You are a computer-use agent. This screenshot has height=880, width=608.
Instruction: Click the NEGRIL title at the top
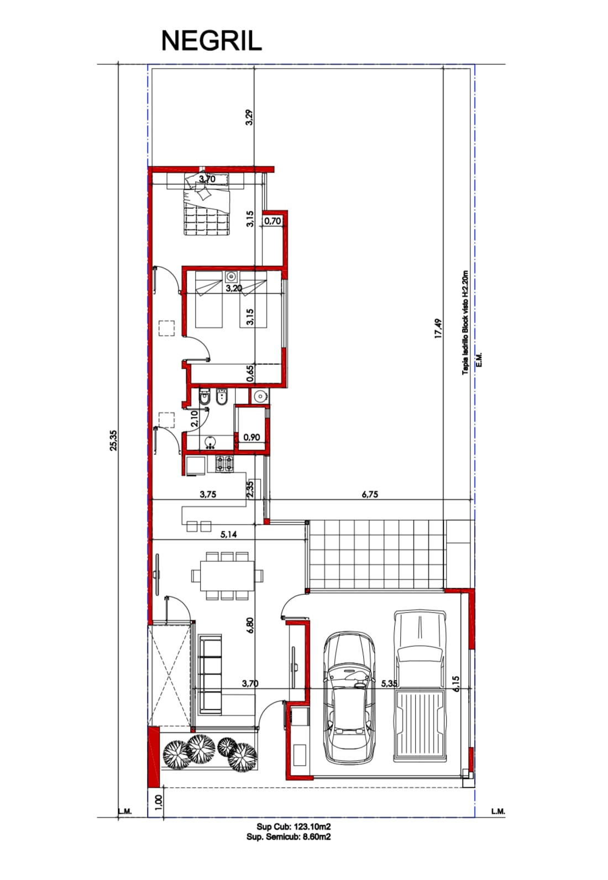tap(211, 41)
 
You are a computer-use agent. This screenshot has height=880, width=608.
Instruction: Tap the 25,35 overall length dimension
tap(113, 441)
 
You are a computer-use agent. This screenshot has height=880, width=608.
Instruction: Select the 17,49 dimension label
tap(438, 328)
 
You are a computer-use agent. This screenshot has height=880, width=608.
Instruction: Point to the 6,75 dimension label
tap(370, 494)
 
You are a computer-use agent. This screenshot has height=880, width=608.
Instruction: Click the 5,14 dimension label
tap(229, 535)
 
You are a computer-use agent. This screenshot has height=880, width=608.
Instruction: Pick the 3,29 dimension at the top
tap(249, 117)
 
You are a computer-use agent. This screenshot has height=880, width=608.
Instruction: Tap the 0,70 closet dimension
tap(272, 221)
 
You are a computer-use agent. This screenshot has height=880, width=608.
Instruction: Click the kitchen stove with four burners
tap(224, 464)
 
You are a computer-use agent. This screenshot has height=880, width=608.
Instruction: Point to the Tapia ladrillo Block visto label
tap(465, 322)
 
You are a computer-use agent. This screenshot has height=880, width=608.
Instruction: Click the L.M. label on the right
tap(498, 811)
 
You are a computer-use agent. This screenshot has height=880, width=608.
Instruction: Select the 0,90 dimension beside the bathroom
tap(251, 437)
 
